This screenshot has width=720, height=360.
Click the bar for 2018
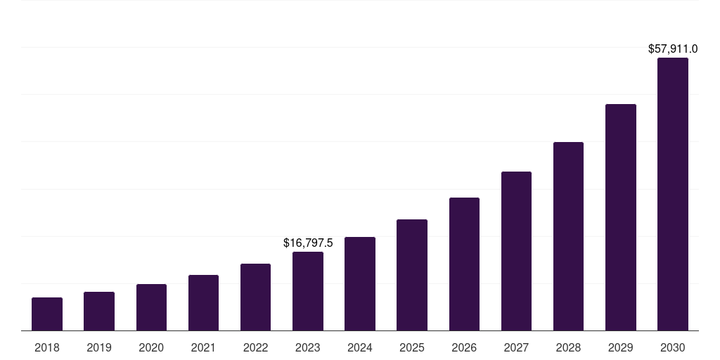pyautogui.click(x=47, y=314)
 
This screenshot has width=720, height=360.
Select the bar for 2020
pyautogui.click(x=151, y=307)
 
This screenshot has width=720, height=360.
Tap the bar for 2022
pyautogui.click(x=255, y=297)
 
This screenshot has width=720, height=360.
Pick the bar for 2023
pyautogui.click(x=308, y=291)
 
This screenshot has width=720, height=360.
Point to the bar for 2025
pyautogui.click(x=412, y=275)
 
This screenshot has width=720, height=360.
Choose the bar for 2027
pyautogui.click(x=516, y=251)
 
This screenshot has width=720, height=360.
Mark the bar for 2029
pyautogui.click(x=621, y=217)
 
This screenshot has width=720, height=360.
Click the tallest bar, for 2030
pyautogui.click(x=673, y=194)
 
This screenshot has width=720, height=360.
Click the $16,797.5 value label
pyautogui.click(x=308, y=243)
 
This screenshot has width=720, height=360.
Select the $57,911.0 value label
pyautogui.click(x=673, y=49)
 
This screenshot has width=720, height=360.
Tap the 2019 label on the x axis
pyautogui.click(x=99, y=347)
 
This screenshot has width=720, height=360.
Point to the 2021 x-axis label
pyautogui.click(x=203, y=347)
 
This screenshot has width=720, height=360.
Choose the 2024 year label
pyautogui.click(x=360, y=347)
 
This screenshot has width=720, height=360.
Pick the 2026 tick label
pyautogui.click(x=464, y=347)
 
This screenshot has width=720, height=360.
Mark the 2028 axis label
pyautogui.click(x=568, y=347)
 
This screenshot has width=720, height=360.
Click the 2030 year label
pyautogui.click(x=673, y=347)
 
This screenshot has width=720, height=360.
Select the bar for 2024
pyautogui.click(x=360, y=284)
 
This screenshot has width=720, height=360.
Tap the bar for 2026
pyautogui.click(x=464, y=264)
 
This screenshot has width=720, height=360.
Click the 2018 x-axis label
pyautogui.click(x=47, y=347)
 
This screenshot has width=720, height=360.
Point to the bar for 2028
pyautogui.click(x=568, y=236)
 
